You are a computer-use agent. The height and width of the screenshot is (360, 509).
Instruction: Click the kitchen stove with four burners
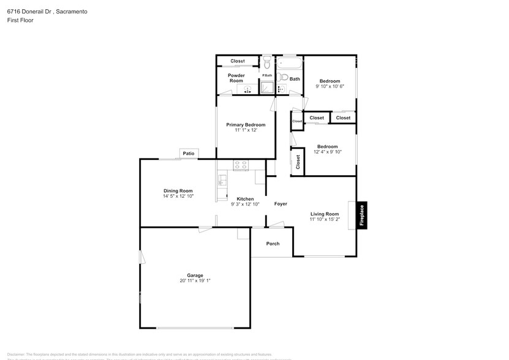click(x=240, y=165)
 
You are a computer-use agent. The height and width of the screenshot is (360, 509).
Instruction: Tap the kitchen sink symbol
click(x=222, y=180)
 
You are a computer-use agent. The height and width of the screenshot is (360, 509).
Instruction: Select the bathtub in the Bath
click(x=290, y=62)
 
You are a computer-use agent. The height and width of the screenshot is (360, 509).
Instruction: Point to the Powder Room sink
click(x=247, y=90)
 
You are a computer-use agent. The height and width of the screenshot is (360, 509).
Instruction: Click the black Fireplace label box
click(x=361, y=216)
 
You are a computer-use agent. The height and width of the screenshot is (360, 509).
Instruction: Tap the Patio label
click(x=188, y=153)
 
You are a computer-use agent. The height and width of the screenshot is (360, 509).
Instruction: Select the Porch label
click(x=273, y=244)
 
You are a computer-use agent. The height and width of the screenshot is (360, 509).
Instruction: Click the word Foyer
click(x=281, y=204)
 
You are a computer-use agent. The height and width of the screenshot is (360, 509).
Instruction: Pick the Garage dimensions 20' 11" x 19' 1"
click(x=195, y=281)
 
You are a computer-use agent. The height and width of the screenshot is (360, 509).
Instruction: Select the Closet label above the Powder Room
click(x=237, y=61)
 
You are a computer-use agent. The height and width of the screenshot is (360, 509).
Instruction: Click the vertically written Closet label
click(x=298, y=162)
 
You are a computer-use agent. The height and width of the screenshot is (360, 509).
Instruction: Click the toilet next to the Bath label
click(x=281, y=77)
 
